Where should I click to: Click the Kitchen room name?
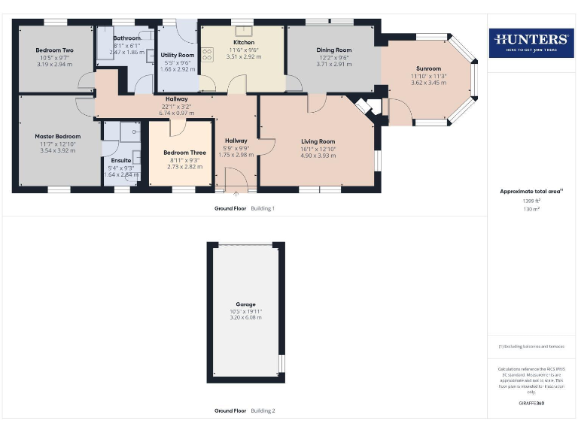point(243,43)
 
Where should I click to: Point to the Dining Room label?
point(333,50)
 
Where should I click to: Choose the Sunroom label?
point(428,69)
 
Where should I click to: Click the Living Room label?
point(318,141)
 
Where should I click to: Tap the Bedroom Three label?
point(184,153)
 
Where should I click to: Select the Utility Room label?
point(178,56)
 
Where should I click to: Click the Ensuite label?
point(120,160)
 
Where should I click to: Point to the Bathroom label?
point(126,38)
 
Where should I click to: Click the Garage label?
point(246,305)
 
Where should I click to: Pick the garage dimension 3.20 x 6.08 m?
point(246,318)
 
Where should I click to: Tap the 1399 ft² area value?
point(531,201)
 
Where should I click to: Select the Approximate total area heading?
point(531,192)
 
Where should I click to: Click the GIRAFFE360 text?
point(531,404)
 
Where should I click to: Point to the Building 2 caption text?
point(263,411)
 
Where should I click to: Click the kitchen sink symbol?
point(243,31)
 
